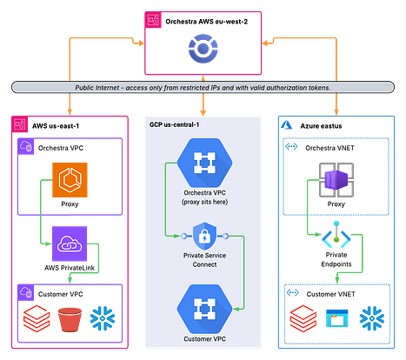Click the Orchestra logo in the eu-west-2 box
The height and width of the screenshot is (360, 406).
tap(203, 48)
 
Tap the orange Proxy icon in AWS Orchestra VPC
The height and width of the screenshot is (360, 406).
tap(70, 180)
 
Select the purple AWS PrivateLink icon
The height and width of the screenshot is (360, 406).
tap(70, 243)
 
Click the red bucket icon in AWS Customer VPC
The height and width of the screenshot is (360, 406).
tap(70, 319)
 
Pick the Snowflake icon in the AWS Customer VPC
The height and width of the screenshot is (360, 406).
tap(103, 318)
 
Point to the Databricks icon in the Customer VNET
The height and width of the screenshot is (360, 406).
tap(303, 318)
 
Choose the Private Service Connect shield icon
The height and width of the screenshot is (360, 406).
tap(204, 237)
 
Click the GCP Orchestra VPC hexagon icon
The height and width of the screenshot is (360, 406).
tap(204, 163)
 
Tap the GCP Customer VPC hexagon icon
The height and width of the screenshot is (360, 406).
tap(204, 309)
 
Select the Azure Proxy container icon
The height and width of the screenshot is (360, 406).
tap(336, 180)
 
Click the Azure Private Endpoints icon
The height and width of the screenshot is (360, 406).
tap(336, 235)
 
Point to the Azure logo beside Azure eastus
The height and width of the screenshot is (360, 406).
tap(287, 125)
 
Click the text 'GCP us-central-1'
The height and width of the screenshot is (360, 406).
tap(174, 124)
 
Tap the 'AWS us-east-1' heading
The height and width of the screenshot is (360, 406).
tap(56, 126)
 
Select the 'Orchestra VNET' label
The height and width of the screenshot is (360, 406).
tap(329, 148)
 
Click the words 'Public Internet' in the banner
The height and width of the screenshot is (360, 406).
tap(97, 88)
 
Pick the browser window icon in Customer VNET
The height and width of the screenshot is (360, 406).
tap(336, 318)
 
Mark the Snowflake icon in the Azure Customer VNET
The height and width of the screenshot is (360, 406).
tap(372, 318)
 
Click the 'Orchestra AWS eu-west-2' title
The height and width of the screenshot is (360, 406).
tap(207, 22)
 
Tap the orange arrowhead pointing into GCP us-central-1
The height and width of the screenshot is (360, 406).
tap(203, 112)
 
